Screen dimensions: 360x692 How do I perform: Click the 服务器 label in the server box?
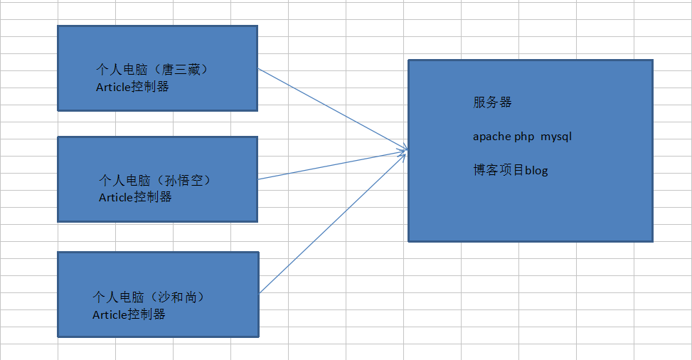[x=492, y=102]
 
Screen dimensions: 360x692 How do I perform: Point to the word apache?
[x=491, y=137]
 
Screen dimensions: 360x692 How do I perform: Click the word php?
[x=524, y=137]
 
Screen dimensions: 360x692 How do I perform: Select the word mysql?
[x=556, y=137]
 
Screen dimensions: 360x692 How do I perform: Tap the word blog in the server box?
[x=536, y=171]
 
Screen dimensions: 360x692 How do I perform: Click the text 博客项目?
[x=499, y=170]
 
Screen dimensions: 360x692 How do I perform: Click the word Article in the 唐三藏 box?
[x=114, y=87]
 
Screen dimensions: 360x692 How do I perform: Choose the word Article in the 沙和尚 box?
[x=110, y=314]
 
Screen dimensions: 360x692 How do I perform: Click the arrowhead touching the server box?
[x=404, y=150]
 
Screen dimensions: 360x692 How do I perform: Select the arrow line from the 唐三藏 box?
[x=331, y=110]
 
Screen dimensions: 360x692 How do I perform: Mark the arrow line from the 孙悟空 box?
[x=331, y=164]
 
